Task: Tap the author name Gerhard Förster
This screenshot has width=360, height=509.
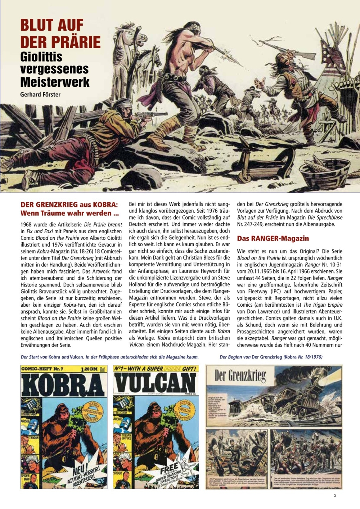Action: point(40,95)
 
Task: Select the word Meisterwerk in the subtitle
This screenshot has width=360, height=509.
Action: point(55,82)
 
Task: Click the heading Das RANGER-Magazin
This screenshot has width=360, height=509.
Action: point(273,238)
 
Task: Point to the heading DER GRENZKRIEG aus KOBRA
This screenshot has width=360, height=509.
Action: point(69,205)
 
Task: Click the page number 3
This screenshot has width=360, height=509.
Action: point(335,495)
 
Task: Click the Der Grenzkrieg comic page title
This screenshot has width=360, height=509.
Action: point(240,376)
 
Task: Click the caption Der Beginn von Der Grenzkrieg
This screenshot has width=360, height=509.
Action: point(271,357)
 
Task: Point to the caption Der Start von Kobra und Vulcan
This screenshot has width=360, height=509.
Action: point(109,357)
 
